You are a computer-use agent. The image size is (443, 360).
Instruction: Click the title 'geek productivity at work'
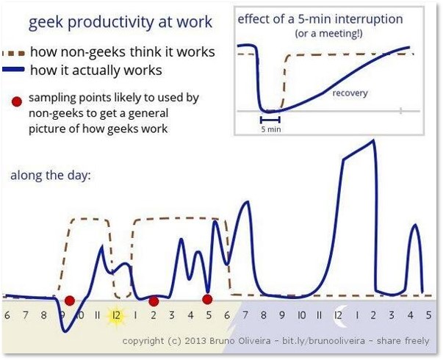(120, 22)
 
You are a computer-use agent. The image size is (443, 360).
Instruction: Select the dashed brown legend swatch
(13, 53)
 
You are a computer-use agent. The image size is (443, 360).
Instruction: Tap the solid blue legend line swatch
(13, 69)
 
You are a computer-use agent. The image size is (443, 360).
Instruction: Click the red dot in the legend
(17, 101)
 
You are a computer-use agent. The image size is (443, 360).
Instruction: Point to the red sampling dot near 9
(70, 300)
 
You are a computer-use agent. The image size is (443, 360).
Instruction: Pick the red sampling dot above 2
(154, 301)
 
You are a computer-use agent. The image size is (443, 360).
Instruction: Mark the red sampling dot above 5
(207, 299)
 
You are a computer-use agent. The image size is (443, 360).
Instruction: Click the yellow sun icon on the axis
(116, 315)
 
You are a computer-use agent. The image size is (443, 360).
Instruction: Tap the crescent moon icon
(340, 316)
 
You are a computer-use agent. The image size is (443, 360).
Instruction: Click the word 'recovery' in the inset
(350, 93)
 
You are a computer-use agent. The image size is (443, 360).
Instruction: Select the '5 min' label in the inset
(271, 129)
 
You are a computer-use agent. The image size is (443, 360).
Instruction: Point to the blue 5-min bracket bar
(270, 120)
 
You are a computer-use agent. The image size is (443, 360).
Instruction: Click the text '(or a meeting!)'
(328, 34)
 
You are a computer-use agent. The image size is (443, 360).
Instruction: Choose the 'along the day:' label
(51, 175)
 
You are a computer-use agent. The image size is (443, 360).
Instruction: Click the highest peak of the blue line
(373, 140)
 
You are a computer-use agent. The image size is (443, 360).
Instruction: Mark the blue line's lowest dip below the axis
(65, 331)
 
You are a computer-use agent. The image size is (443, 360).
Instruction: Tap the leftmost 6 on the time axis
(7, 315)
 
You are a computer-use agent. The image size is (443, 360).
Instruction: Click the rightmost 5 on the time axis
(428, 315)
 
